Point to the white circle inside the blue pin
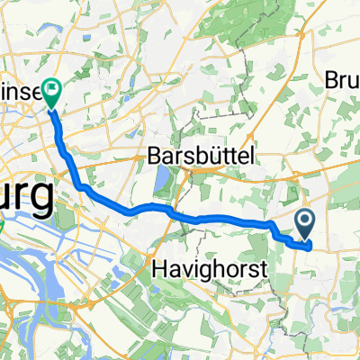[303, 219]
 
